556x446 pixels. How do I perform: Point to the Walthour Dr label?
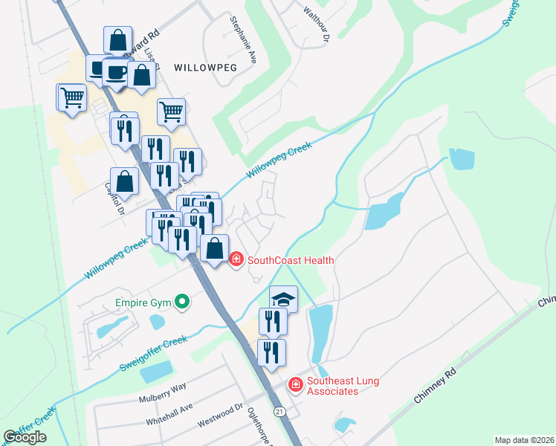pos(316,22)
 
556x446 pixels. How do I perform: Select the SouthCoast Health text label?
pos(290,260)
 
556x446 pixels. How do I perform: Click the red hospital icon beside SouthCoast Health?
pos(236,260)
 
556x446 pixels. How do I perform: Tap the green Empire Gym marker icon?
pos(181,302)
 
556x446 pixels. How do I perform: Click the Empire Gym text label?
pos(143,303)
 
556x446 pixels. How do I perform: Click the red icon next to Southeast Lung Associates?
pos(295,384)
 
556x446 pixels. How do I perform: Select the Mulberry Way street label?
pos(161,392)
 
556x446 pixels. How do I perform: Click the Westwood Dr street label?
pos(220,416)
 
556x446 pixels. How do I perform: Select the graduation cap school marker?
pos(283,298)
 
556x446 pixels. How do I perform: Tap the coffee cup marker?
pos(116,72)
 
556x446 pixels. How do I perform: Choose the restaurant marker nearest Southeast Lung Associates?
pos(271,352)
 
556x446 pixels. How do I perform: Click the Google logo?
pos(25,437)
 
